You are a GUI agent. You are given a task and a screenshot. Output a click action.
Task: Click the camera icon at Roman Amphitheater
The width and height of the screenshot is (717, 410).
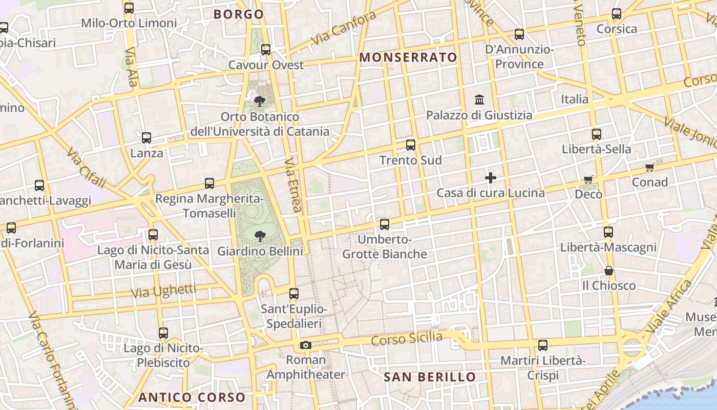pos(306,345)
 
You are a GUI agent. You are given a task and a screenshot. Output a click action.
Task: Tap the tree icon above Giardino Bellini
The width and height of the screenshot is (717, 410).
pos(260,236)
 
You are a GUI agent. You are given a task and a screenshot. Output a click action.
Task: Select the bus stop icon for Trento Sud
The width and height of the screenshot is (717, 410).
pos(411,145)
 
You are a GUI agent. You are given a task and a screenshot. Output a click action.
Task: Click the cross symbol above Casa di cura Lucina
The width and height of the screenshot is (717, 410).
pos(491,178)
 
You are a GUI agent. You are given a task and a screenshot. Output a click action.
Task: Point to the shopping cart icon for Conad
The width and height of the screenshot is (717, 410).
pos(650,168)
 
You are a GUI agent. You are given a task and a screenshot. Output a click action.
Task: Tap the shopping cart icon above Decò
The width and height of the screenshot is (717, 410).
pos(588,179)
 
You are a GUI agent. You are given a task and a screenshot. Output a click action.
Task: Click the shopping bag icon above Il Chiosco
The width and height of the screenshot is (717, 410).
pos(609,270)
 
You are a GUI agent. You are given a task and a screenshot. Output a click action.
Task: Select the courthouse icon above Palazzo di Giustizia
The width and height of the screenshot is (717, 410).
pos(480,99)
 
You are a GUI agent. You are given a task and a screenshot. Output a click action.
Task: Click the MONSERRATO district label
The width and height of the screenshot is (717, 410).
pos(408,57)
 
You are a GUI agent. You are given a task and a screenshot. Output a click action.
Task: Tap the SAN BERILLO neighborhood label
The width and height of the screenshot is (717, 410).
pos(430,377)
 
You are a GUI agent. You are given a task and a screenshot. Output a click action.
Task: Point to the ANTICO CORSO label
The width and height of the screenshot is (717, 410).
pos(192,397)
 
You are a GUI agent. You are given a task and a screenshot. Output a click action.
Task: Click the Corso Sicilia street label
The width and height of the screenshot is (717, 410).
pos(407,339)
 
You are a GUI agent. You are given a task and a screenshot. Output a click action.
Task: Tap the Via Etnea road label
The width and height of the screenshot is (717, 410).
pos(293,185)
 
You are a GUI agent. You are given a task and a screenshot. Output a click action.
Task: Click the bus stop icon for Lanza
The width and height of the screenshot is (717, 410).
pos(146,138)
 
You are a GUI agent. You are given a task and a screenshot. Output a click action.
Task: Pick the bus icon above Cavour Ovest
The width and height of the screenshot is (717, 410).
pos(266,50)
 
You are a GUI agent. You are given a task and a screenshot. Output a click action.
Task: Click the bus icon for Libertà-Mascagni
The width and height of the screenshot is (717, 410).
pos(608,232)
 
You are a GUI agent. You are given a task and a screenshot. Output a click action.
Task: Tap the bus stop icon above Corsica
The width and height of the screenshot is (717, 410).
pos(617,14)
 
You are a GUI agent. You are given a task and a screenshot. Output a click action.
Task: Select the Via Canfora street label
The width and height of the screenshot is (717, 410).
pos(343,28)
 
